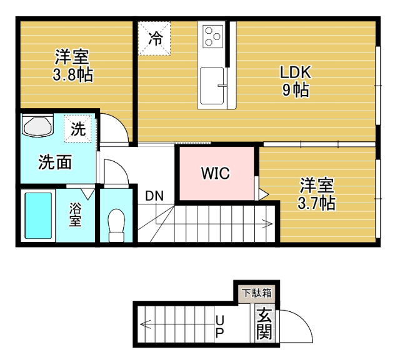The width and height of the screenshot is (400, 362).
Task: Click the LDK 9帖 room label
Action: [294, 81]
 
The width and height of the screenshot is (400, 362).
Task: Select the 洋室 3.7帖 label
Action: [317, 194]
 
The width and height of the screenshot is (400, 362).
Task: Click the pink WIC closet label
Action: [215, 173]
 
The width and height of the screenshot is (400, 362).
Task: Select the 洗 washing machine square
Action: [78, 130]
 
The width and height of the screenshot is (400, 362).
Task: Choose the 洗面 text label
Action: [55, 163]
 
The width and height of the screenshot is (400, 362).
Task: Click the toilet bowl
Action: [116, 224]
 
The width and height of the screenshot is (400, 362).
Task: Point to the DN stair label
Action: [154, 196]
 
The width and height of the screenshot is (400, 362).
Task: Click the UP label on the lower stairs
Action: [219, 326]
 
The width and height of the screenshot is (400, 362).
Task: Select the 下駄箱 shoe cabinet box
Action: [257, 292]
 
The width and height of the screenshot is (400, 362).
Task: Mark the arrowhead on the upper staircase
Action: [269, 223]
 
